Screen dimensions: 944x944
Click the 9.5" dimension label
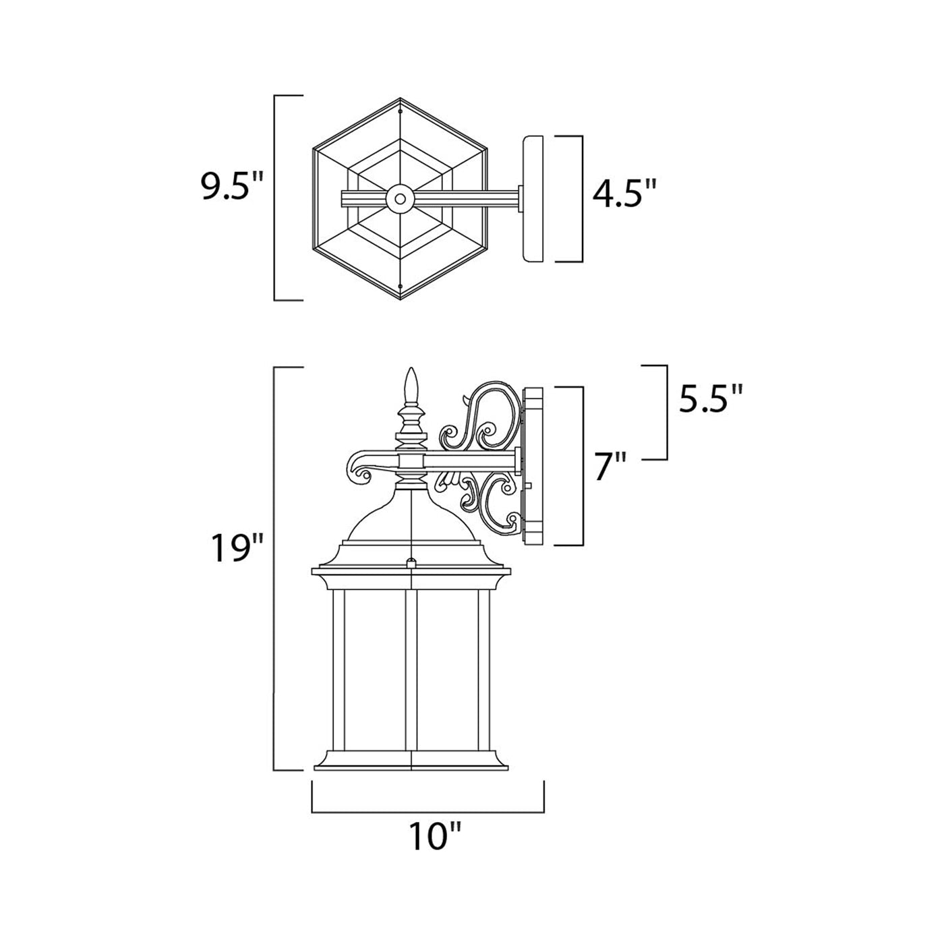(x=225, y=188)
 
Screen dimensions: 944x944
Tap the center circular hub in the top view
(x=401, y=199)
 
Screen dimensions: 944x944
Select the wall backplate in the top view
(x=533, y=199)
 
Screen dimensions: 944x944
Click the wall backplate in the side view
(x=533, y=465)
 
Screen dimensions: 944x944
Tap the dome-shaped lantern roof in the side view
(x=411, y=519)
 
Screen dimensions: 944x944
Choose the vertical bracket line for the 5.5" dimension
(x=666, y=411)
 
